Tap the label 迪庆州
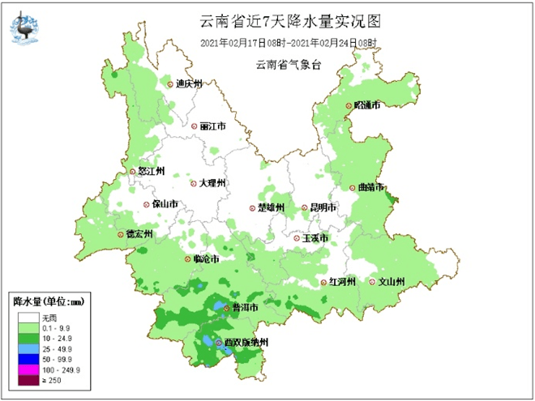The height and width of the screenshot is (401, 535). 189,83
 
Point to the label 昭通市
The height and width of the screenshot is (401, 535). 367,106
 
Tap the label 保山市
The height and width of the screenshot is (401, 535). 165,205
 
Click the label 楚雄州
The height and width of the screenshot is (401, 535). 272,208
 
